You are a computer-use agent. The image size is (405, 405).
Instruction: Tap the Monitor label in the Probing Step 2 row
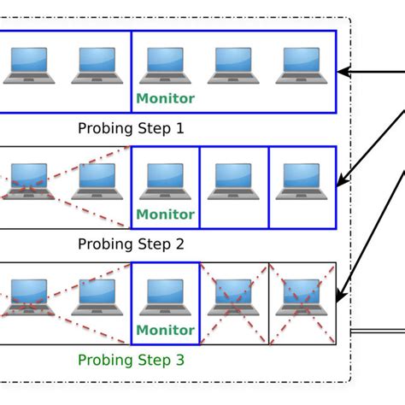click(x=166, y=214)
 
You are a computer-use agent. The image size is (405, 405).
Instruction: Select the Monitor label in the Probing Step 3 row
click(x=166, y=331)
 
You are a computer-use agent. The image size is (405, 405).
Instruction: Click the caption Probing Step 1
click(x=131, y=128)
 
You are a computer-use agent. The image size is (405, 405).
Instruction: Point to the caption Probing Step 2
click(x=131, y=244)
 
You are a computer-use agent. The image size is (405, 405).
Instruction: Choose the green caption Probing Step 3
click(x=131, y=360)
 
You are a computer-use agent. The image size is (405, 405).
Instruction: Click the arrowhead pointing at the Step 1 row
click(x=344, y=72)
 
